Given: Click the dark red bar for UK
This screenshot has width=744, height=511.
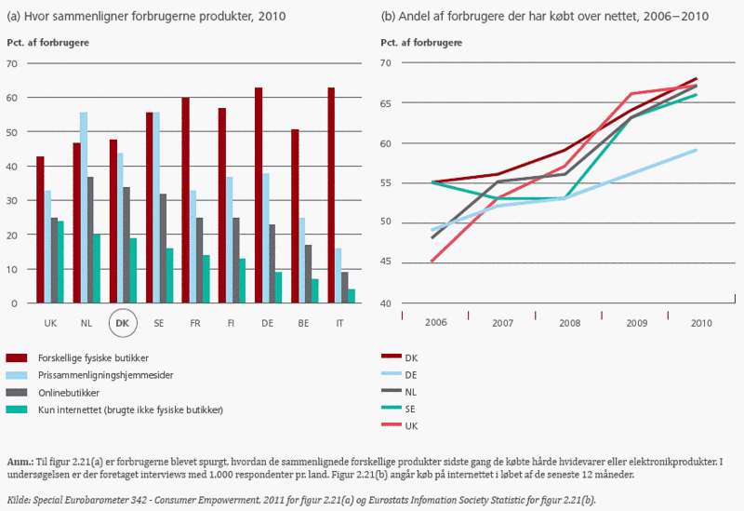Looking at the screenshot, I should coord(40,230).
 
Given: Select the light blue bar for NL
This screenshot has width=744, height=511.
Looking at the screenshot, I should coord(84,208).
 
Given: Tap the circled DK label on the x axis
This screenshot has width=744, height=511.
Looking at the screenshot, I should coord(121,323).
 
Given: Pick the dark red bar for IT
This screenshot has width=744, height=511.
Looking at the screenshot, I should coord(331,195).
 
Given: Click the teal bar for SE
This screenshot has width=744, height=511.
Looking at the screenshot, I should coord(169,276).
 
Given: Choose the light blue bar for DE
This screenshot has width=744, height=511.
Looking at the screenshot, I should coord(266,238).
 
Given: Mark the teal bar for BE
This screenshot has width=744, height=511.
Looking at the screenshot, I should coord(314,291).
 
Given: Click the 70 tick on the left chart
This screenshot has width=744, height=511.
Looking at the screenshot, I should coord(12,63).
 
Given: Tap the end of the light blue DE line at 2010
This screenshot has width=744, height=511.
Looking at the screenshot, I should coord(697,149).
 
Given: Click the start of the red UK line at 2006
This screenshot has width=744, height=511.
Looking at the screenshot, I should coord(432,262).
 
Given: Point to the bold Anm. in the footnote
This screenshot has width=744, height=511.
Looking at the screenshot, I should coord(20,462).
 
